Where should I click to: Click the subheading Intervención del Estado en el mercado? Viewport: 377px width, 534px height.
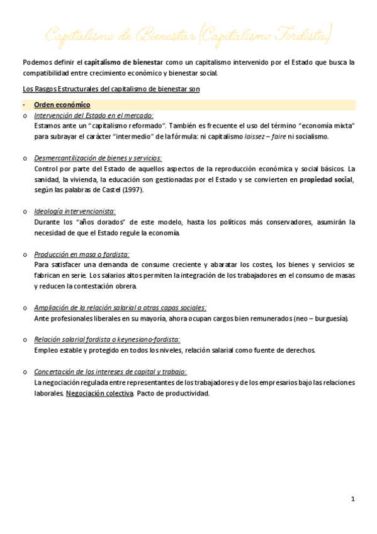click(94, 115)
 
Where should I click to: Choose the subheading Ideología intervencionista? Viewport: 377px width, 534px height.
click(75, 212)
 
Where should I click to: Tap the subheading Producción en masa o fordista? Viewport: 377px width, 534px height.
click(82, 254)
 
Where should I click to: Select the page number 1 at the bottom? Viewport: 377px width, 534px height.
click(353, 499)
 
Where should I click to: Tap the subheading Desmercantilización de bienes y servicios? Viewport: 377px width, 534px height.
click(98, 158)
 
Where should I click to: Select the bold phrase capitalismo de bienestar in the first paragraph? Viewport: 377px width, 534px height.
click(124, 62)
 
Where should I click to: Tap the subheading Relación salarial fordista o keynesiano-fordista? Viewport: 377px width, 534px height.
click(107, 340)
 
